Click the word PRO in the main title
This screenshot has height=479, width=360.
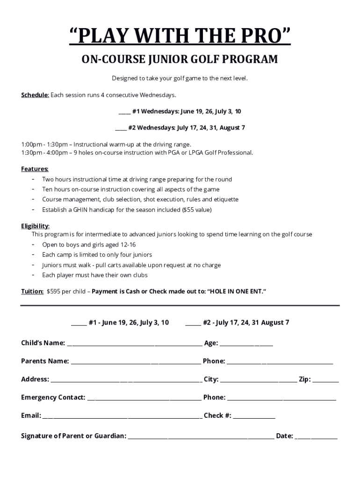(261, 36)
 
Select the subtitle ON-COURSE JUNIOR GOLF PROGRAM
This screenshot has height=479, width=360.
(180, 60)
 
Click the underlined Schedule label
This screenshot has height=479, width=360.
(35, 95)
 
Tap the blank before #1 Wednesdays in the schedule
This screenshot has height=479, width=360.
(124, 112)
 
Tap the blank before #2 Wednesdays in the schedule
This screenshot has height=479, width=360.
(121, 128)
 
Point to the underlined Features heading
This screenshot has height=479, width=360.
(35, 169)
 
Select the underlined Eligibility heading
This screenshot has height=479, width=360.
(35, 226)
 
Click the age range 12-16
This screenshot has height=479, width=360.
(128, 245)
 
